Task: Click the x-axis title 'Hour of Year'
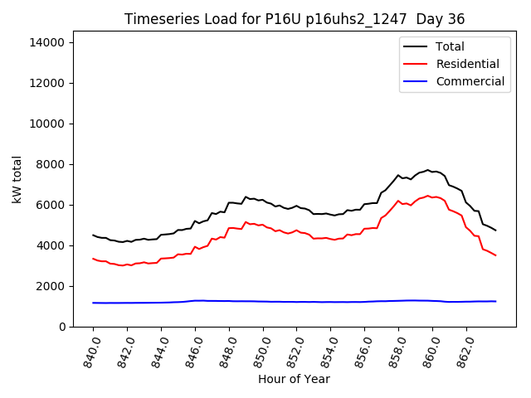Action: pos(294,379)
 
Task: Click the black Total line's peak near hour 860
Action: pos(428,170)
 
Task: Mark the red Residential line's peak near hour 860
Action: pos(428,196)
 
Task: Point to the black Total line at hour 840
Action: pos(93,235)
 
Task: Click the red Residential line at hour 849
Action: pos(246,222)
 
